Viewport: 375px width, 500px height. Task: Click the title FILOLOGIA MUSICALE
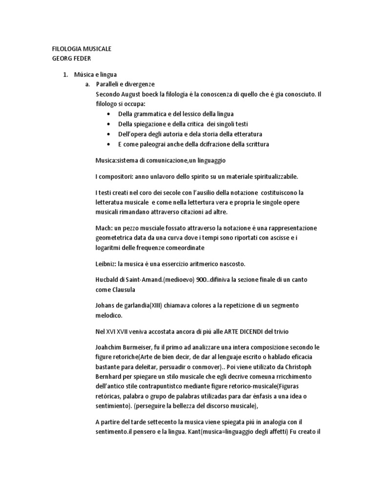tap(82, 49)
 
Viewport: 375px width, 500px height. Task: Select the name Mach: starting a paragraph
tap(104, 228)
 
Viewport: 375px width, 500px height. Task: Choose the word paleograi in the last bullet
tap(152, 144)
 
